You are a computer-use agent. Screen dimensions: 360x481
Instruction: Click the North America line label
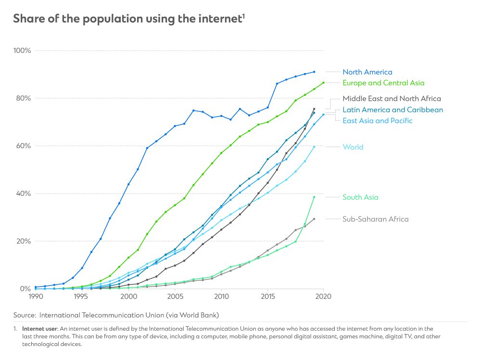point(367,72)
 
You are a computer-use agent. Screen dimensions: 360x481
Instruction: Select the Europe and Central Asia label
point(383,83)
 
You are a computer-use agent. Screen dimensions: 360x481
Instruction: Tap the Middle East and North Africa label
point(392,99)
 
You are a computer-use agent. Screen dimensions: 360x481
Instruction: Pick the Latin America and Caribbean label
point(392,110)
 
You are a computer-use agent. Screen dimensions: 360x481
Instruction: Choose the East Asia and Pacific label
point(377,121)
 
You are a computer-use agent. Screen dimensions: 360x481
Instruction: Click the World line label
point(353,147)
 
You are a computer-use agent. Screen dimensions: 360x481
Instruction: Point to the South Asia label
point(360,197)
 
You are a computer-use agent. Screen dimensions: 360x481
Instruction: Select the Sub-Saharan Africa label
point(375,219)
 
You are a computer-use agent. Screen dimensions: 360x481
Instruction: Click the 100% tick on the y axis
point(22,50)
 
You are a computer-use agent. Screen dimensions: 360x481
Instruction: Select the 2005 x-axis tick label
point(175,298)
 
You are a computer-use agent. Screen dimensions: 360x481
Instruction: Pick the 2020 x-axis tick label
point(323,298)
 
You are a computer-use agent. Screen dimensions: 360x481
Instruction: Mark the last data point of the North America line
point(314,72)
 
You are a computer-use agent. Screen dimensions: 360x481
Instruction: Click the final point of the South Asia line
point(314,197)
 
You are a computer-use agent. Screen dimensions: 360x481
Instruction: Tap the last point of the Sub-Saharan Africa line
point(314,219)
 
